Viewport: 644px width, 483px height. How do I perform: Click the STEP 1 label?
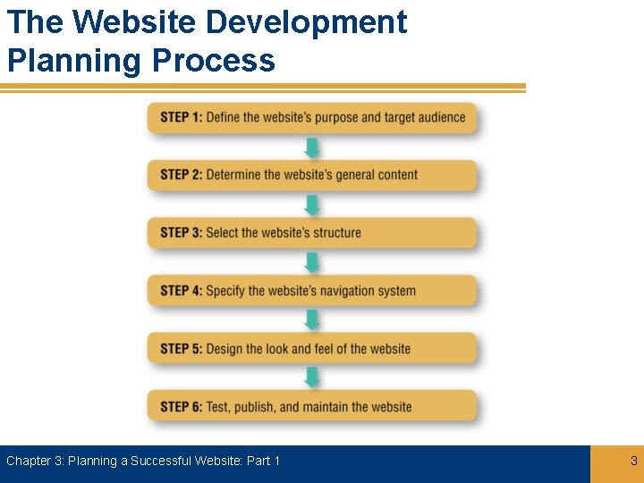tap(182, 117)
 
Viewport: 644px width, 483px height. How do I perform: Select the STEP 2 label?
tap(182, 174)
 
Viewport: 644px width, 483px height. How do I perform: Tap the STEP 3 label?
tap(182, 233)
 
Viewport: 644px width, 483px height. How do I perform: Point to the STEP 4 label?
tap(182, 291)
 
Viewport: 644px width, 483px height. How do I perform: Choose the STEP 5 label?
tap(182, 349)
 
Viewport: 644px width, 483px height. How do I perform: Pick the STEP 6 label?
tap(182, 407)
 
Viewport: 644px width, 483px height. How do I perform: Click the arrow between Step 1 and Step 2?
tap(312, 148)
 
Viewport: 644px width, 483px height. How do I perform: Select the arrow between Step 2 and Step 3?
tap(312, 205)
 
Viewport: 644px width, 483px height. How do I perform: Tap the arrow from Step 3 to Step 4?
tap(312, 262)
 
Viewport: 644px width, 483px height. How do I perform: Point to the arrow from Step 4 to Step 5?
tap(312, 320)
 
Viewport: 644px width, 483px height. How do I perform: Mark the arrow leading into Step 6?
tap(312, 377)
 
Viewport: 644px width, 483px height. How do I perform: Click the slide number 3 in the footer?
tap(634, 462)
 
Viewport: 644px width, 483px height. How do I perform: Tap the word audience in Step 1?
tap(438, 117)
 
